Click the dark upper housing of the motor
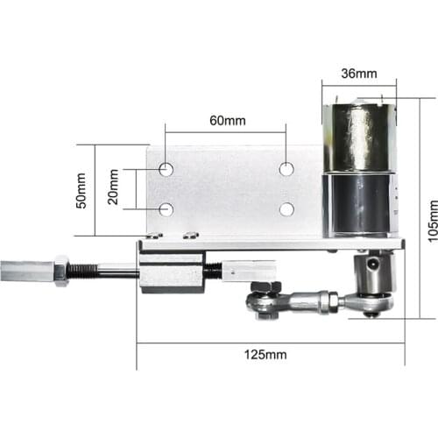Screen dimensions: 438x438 tap(357, 138)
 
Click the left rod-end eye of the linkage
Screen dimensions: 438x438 tap(259, 303)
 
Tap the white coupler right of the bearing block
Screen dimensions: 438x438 tap(242, 272)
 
